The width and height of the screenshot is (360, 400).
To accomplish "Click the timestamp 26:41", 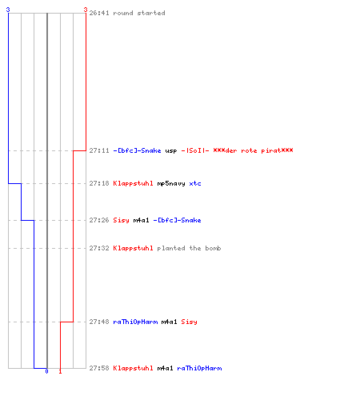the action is pyautogui.click(x=99, y=13).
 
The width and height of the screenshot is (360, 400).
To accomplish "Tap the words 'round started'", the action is pyautogui.click(x=139, y=13).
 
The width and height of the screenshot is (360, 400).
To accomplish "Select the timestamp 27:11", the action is pyautogui.click(x=99, y=150).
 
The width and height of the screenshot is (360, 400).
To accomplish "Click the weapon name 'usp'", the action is pyautogui.click(x=171, y=151).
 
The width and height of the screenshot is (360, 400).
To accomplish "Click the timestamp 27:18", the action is pyautogui.click(x=99, y=183).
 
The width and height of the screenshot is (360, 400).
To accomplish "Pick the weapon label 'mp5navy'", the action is pyautogui.click(x=171, y=184).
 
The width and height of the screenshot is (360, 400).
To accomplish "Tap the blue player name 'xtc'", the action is pyautogui.click(x=195, y=183).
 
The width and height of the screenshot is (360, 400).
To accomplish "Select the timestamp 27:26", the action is pyautogui.click(x=99, y=220).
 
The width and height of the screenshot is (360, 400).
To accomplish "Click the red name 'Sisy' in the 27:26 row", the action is pyautogui.click(x=121, y=220).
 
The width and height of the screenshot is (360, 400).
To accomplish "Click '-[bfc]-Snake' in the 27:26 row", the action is pyautogui.click(x=177, y=220).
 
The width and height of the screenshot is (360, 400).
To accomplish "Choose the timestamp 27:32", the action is pyautogui.click(x=99, y=248).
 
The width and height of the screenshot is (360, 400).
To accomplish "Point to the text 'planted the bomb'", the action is pyautogui.click(x=189, y=248).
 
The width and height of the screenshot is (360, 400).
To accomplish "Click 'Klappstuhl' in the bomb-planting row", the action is pyautogui.click(x=133, y=248).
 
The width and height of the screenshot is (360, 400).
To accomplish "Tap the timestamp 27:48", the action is pyautogui.click(x=99, y=322).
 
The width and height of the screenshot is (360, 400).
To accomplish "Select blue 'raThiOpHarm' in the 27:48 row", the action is pyautogui.click(x=135, y=322).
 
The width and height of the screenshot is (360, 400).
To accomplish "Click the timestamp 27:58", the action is pyautogui.click(x=99, y=368).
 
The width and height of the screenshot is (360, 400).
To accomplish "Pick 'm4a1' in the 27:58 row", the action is pyautogui.click(x=165, y=368).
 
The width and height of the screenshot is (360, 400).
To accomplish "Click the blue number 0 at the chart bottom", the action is pyautogui.click(x=46, y=371).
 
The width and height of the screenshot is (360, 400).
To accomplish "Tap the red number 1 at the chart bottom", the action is pyautogui.click(x=60, y=371).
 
